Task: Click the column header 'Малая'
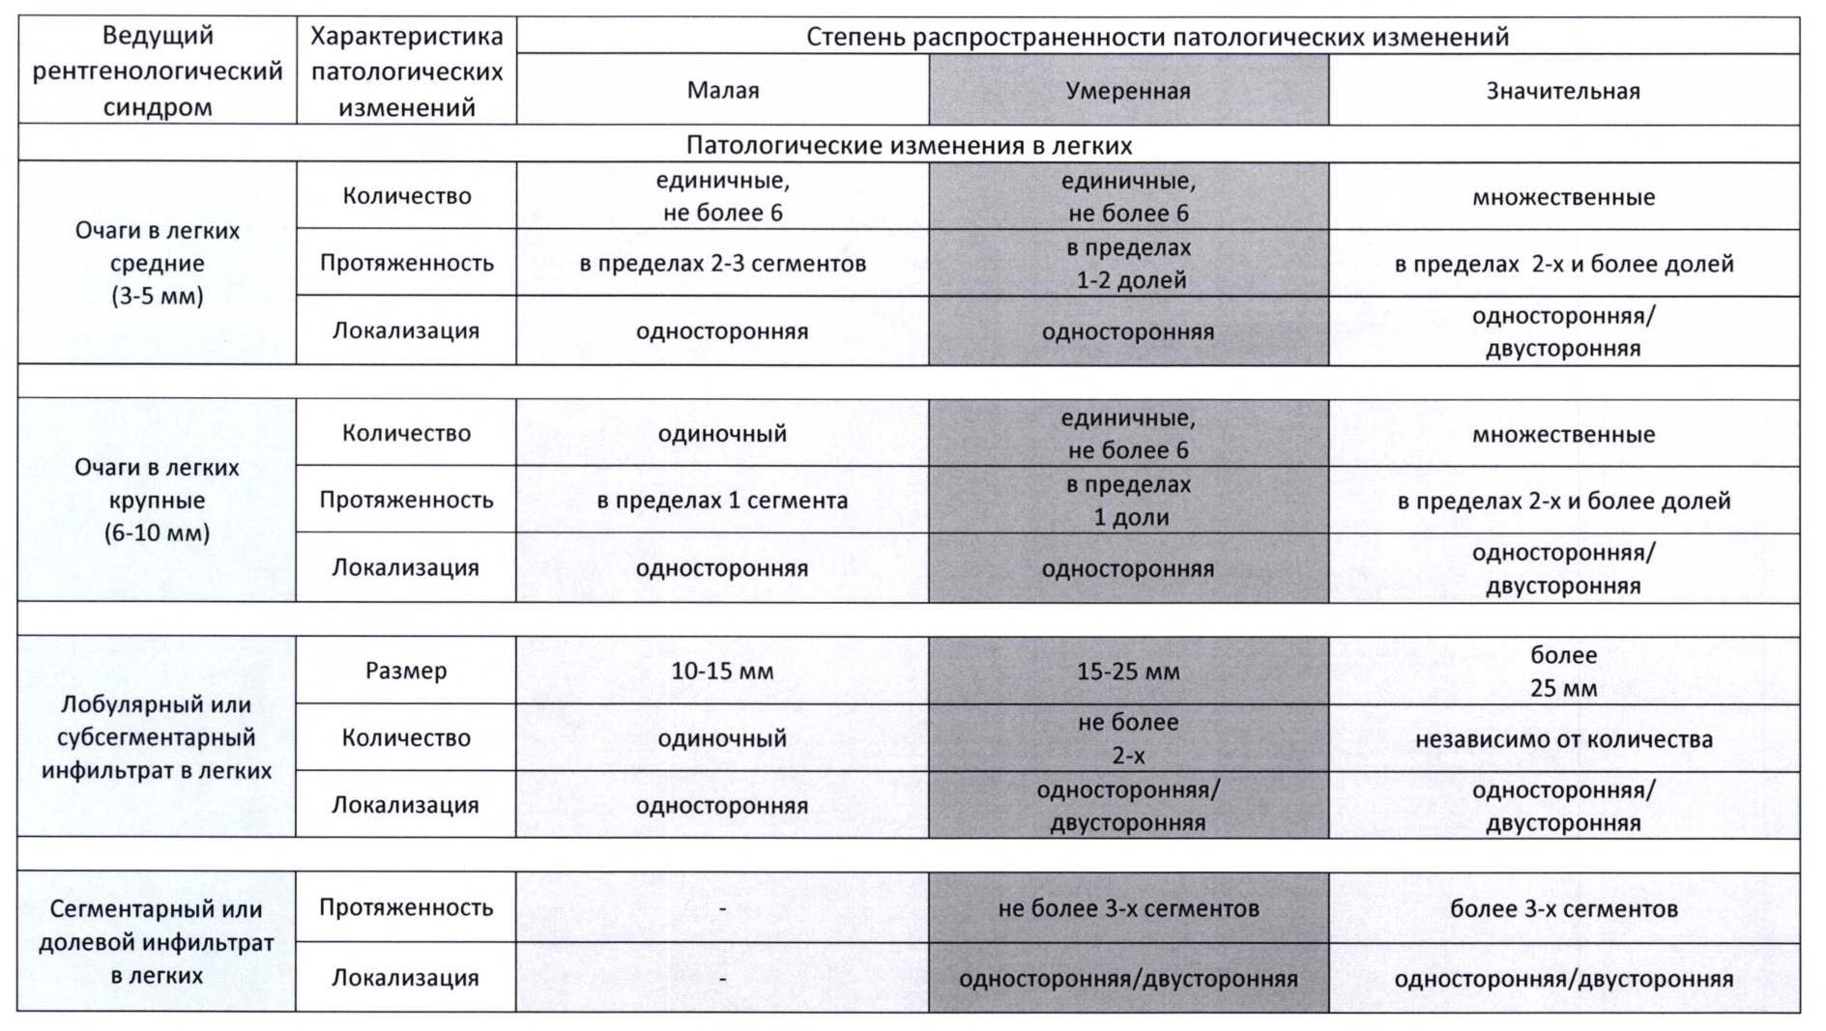point(723,91)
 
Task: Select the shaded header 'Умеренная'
point(1128,91)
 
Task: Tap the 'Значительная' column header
point(1563,91)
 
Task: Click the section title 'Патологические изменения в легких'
point(909,146)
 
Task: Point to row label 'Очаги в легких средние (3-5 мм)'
point(157,263)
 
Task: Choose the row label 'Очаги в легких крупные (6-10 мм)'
point(157,500)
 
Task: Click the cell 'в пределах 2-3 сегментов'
point(723,264)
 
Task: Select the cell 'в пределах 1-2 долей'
point(1129,264)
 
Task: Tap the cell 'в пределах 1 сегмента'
point(722,501)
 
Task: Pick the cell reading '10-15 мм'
point(722,672)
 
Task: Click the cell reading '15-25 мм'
point(1128,672)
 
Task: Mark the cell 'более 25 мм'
point(1563,672)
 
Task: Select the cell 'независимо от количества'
point(1563,739)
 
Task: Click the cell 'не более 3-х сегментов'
point(1128,908)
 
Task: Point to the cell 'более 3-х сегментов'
point(1563,908)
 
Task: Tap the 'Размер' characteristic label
point(406,671)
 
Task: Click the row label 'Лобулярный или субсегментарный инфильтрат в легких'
point(157,737)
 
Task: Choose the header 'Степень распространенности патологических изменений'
point(1157,37)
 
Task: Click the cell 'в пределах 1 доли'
point(1129,501)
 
